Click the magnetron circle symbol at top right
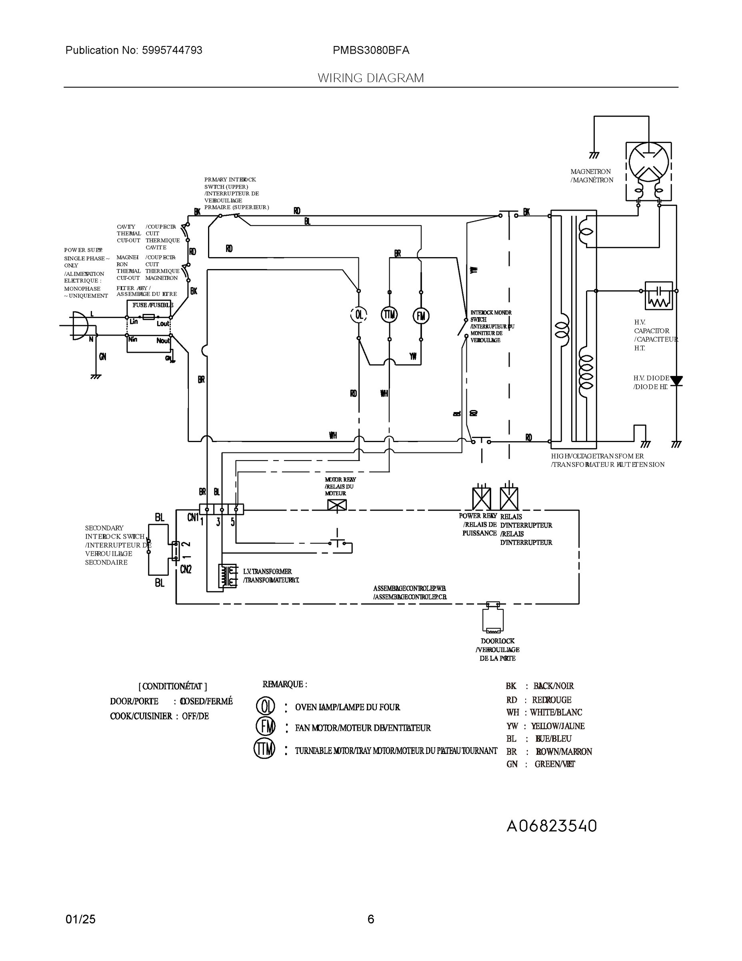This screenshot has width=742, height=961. (648, 162)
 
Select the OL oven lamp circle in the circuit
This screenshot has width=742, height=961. (359, 315)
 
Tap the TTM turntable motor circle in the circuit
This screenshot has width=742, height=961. (389, 315)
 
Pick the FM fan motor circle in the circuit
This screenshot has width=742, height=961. (421, 316)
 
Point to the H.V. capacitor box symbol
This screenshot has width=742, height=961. (658, 295)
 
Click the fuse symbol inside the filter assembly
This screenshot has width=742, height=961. (148, 317)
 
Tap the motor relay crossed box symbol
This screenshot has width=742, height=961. (337, 505)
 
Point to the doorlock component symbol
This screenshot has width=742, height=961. (493, 618)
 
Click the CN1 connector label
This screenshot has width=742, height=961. (193, 517)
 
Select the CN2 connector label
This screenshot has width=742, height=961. (186, 569)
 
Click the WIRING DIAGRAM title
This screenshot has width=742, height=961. (370, 78)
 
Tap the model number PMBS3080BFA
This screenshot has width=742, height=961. (370, 50)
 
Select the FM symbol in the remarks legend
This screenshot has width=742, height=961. (266, 726)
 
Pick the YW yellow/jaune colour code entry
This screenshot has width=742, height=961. (545, 726)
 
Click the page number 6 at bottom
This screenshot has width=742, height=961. (370, 919)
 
